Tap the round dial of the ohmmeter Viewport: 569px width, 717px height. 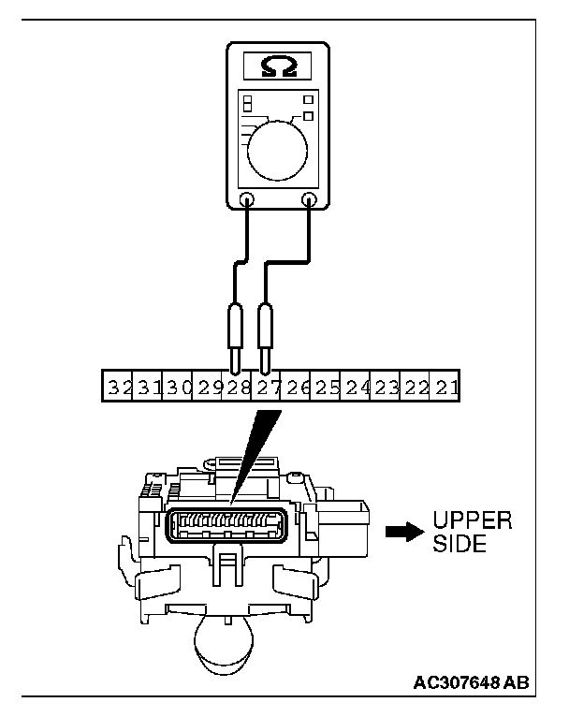[278, 146]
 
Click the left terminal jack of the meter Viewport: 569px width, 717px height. [248, 199]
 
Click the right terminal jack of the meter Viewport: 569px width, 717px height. [309, 199]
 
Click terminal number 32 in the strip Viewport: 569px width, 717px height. [119, 386]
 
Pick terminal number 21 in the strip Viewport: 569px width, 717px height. [446, 386]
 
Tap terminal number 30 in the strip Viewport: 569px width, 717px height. [179, 386]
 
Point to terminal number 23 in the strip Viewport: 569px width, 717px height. [387, 386]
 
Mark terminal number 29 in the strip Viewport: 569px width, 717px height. [209, 386]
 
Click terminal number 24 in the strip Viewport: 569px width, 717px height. [357, 386]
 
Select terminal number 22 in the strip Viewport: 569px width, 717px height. [416, 386]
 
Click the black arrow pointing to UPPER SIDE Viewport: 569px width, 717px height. [401, 531]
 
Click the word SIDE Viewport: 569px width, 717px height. [459, 544]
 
